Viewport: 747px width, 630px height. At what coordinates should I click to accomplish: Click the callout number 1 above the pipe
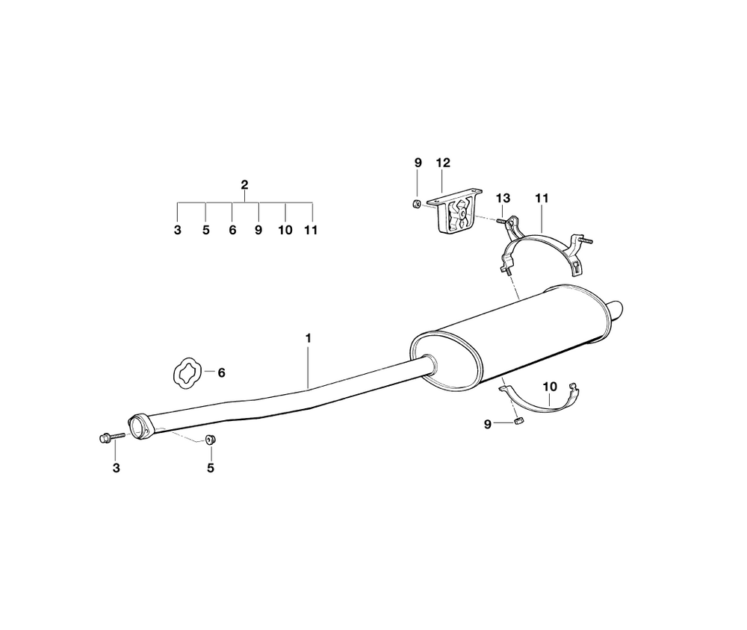(x=308, y=338)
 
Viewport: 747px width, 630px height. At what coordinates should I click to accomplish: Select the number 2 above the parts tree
(x=244, y=184)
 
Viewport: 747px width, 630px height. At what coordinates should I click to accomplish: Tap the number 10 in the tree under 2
(x=285, y=230)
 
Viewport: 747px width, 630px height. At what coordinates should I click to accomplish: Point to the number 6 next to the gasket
(x=221, y=372)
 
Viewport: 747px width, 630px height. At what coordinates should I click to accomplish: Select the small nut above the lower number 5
(x=210, y=440)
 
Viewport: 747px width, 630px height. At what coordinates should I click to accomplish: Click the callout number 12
(x=444, y=162)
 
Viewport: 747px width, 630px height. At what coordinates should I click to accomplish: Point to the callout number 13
(x=503, y=198)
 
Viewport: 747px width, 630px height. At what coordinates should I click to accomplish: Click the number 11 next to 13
(x=542, y=198)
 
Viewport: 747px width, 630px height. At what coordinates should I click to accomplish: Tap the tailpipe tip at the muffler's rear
(x=617, y=309)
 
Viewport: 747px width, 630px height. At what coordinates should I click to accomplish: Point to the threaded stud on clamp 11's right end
(x=585, y=240)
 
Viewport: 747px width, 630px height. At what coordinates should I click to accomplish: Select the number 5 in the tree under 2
(x=205, y=230)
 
